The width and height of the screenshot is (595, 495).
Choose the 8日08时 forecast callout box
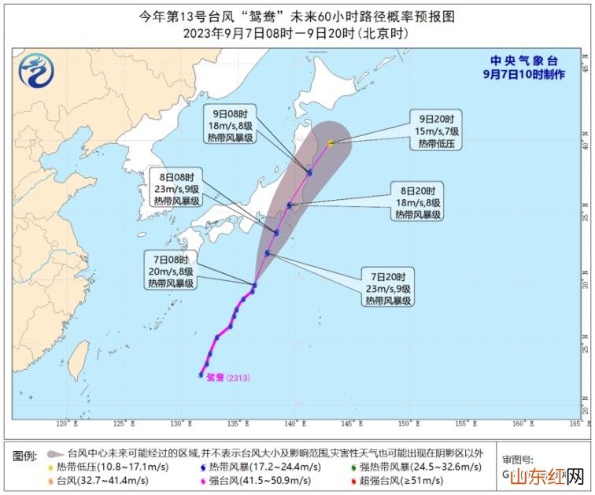[x=179, y=188]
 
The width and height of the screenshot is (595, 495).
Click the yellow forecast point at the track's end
[x=331, y=143]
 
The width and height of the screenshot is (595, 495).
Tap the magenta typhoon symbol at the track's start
[x=201, y=375]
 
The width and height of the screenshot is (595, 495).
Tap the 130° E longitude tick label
[x=181, y=424]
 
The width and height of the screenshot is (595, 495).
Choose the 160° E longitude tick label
[x=518, y=424]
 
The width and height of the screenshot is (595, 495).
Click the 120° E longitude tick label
[x=68, y=424]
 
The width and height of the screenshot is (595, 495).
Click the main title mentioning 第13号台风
[x=297, y=16]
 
